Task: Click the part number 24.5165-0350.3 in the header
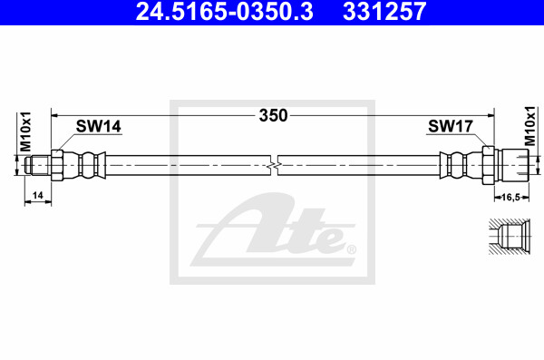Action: pos(225,11)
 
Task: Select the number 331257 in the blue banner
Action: pos(384,11)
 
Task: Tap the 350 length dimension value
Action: pos(274,115)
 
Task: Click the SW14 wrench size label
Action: pos(99,126)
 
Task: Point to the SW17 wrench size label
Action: pos(451,126)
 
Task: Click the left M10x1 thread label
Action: pos(25,131)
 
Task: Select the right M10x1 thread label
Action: pos(530,126)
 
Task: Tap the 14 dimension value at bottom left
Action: pos(37,196)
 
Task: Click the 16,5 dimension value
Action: pos(511,197)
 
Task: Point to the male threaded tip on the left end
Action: pos(38,165)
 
